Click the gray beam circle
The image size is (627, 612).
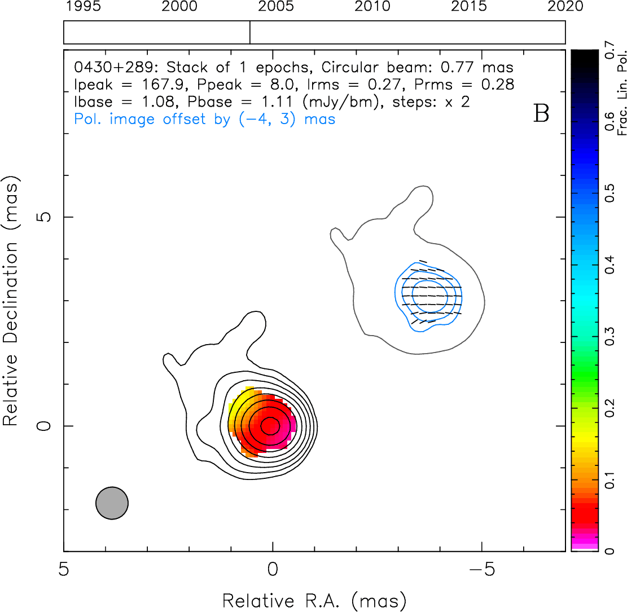112,503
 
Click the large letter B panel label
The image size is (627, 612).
541,113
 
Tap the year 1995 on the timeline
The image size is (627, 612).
83,6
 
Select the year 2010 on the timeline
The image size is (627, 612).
372,6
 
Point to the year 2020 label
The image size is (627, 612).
565,6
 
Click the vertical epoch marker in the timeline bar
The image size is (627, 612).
250,32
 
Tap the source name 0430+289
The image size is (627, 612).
113,67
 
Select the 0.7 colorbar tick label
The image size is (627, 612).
610,50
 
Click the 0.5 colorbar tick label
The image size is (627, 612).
610,193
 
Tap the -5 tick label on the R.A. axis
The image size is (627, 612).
482,569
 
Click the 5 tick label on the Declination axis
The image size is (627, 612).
44,217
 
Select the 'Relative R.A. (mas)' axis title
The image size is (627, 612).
314,601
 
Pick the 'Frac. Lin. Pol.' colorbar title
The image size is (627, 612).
622,93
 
